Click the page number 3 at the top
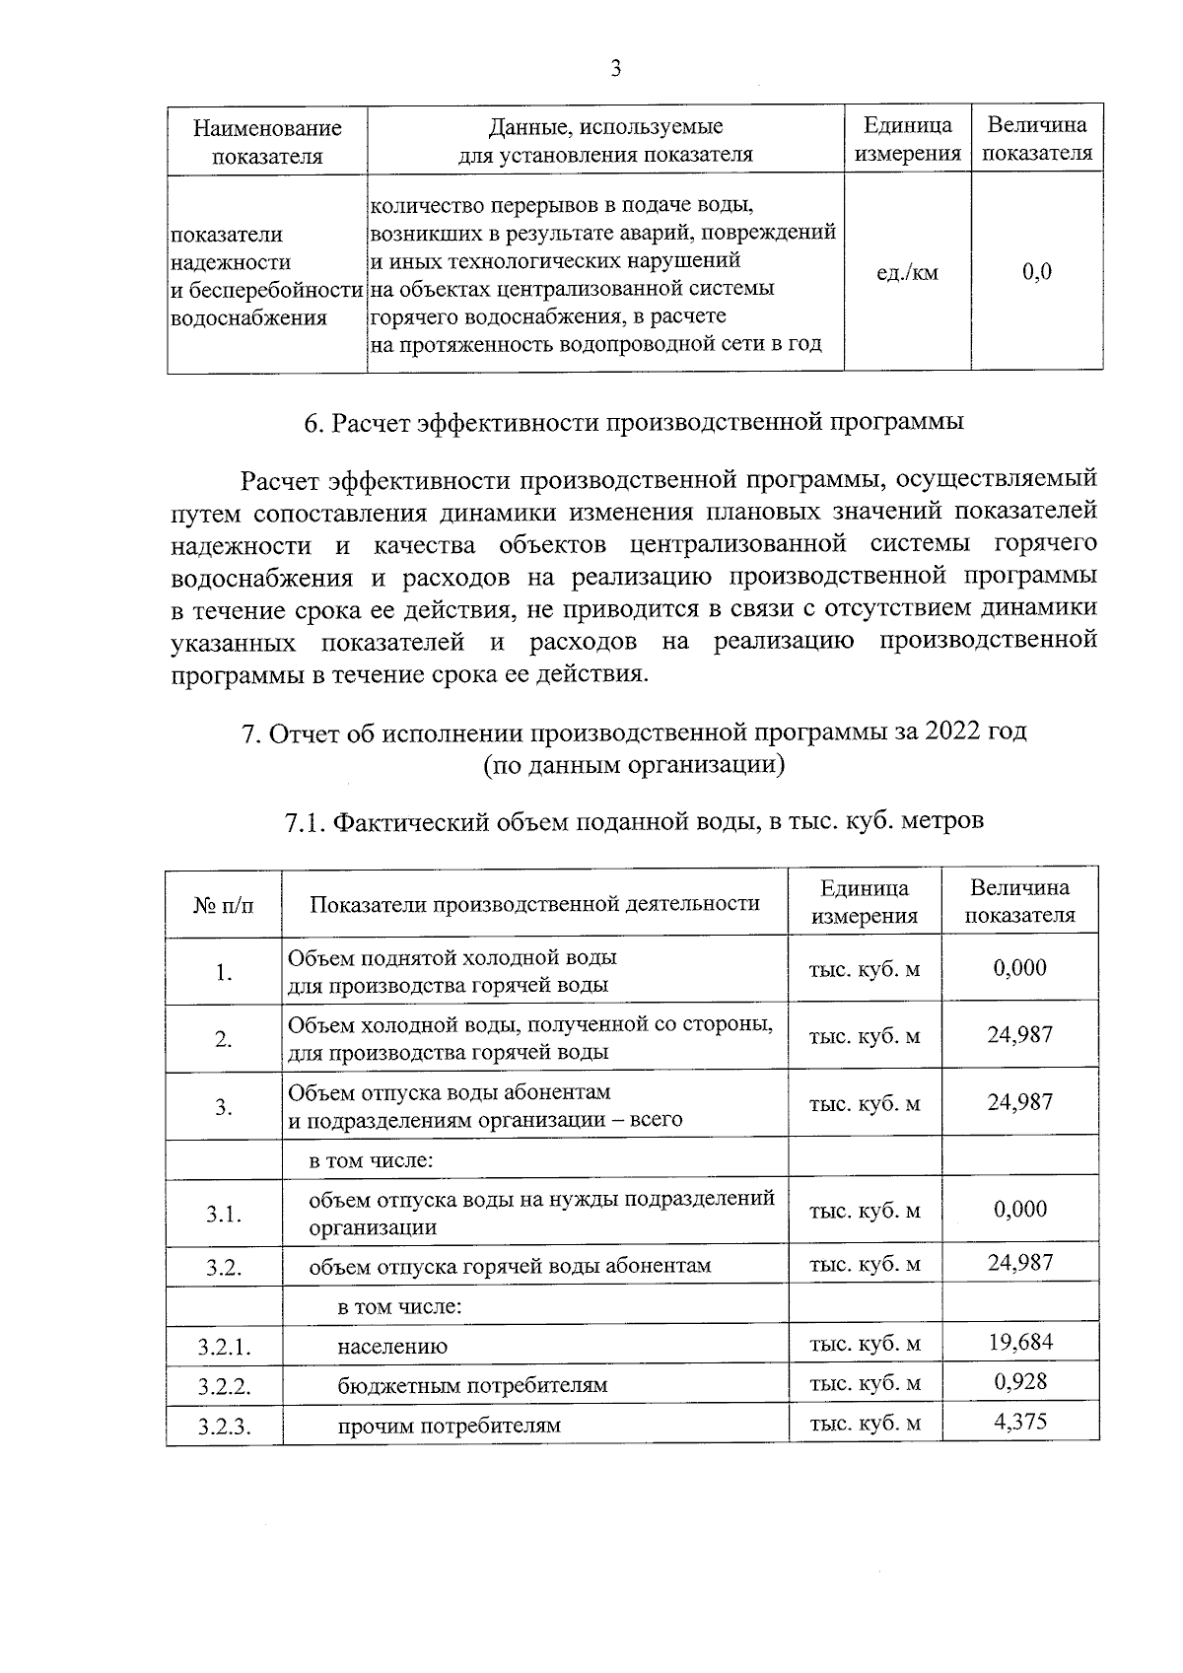(x=615, y=68)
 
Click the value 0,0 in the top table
(x=1037, y=272)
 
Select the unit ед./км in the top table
(x=907, y=272)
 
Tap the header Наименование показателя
(x=267, y=141)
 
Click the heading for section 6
(x=633, y=423)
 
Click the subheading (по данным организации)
(x=633, y=765)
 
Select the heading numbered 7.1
(x=633, y=821)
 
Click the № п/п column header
(x=224, y=904)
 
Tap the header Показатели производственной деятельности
(x=534, y=903)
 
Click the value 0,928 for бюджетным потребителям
(x=1020, y=1381)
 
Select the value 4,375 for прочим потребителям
(x=1020, y=1422)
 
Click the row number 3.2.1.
(x=224, y=1346)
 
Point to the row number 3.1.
(x=224, y=1214)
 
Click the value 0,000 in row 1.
(x=1020, y=968)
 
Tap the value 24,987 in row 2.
(x=1020, y=1034)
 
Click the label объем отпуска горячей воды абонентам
(x=510, y=1266)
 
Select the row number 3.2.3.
(x=224, y=1426)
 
